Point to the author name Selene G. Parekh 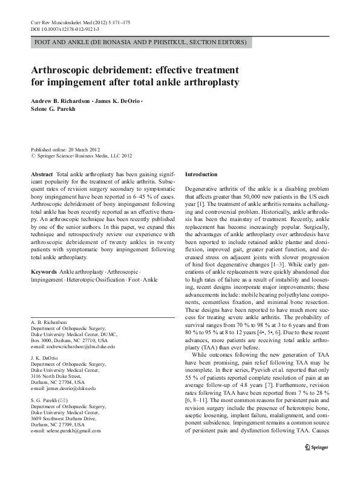click(x=53, y=109)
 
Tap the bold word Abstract click(x=42, y=174)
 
